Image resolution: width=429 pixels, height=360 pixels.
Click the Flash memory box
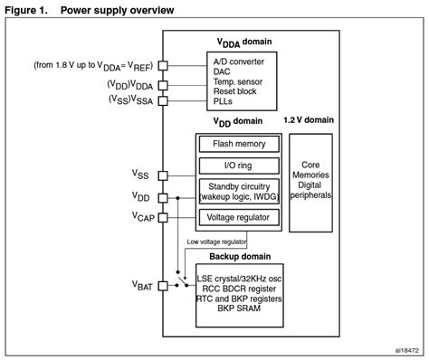pyautogui.click(x=240, y=144)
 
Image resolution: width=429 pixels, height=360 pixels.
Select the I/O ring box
pyautogui.click(x=240, y=166)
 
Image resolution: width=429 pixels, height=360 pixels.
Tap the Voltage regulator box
pyautogui.click(x=240, y=216)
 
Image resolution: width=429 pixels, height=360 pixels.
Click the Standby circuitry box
pyautogui.click(x=240, y=191)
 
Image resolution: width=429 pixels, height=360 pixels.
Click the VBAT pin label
pyautogui.click(x=143, y=286)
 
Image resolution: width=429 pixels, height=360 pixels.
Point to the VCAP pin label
pyautogui.click(x=143, y=217)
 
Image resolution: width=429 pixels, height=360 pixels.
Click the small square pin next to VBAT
pyautogui.click(x=162, y=286)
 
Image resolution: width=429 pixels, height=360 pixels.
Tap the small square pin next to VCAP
pyautogui.click(x=162, y=217)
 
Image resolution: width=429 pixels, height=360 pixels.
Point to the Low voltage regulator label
pyautogui.click(x=216, y=241)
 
